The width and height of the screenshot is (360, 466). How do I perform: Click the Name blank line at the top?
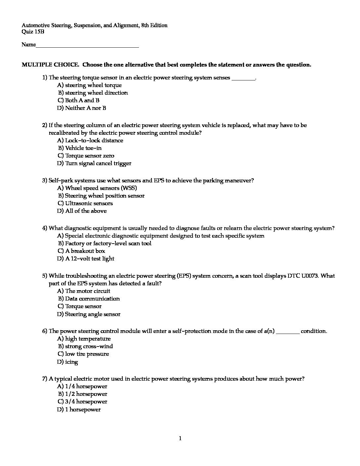(x=87, y=46)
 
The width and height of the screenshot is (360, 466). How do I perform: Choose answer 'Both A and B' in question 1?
(x=82, y=100)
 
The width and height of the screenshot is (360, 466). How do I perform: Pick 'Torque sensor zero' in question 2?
(x=90, y=156)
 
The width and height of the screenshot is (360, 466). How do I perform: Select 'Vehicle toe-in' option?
(x=83, y=148)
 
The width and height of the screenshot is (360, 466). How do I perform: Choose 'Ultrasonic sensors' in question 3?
(x=89, y=203)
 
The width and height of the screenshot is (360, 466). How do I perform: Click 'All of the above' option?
(x=86, y=211)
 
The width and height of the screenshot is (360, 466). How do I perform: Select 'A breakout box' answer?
(x=85, y=251)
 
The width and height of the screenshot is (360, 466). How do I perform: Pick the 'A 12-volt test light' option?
(x=90, y=258)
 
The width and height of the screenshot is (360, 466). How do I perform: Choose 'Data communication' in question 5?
(x=92, y=299)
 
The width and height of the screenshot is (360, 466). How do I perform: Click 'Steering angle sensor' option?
(x=93, y=314)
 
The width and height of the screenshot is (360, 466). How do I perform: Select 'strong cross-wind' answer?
(x=89, y=346)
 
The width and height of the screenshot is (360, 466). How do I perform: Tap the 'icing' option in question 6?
(x=71, y=362)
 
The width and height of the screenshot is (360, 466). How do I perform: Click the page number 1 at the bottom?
(x=180, y=439)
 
